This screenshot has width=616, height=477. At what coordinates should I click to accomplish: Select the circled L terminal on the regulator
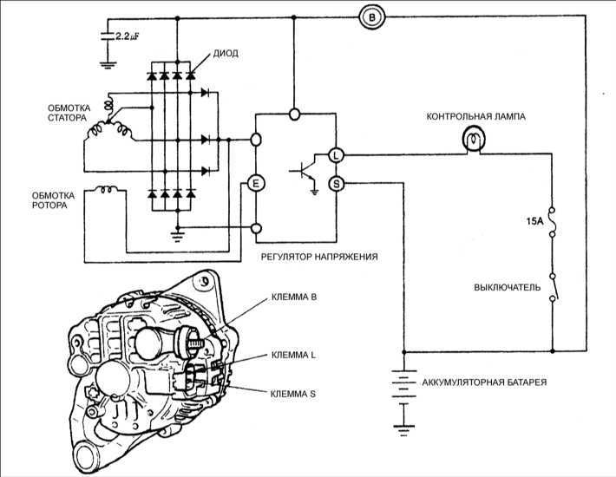click(x=336, y=155)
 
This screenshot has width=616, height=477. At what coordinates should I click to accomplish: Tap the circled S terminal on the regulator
click(x=336, y=182)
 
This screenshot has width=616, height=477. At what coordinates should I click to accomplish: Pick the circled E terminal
click(x=255, y=182)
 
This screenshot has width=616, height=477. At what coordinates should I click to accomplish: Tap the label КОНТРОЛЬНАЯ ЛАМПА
click(x=475, y=115)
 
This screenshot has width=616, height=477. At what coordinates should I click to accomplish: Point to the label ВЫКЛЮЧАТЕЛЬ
click(x=504, y=286)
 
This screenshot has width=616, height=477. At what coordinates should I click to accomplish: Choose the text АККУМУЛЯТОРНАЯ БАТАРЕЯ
click(x=483, y=382)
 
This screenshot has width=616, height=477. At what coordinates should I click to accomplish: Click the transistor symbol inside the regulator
click(x=306, y=169)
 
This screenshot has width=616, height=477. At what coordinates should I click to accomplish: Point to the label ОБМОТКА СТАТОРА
click(x=55, y=114)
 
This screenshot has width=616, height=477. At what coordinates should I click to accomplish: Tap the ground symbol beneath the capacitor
click(x=107, y=62)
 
